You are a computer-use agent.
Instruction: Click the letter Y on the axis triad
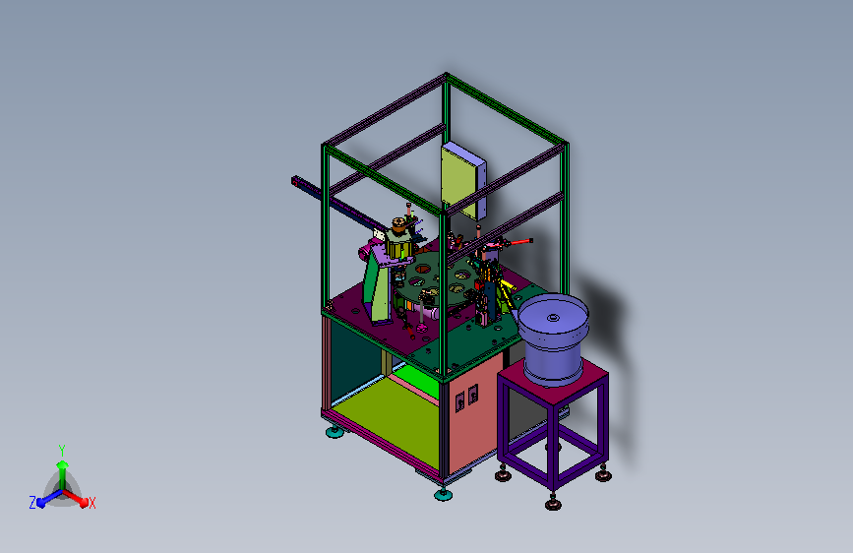[x=62, y=450]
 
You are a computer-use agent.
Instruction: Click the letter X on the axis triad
[x=91, y=503]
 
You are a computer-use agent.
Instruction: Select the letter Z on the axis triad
[x=32, y=503]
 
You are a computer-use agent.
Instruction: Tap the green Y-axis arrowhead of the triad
[x=63, y=464]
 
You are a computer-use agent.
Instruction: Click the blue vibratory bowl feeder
[x=553, y=338]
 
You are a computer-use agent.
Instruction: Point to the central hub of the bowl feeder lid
[x=553, y=318]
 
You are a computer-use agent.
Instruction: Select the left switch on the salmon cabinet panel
[x=459, y=401]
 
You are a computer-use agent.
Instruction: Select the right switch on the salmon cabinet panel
[x=472, y=394]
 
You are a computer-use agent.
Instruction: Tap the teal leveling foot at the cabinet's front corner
[x=443, y=495]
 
